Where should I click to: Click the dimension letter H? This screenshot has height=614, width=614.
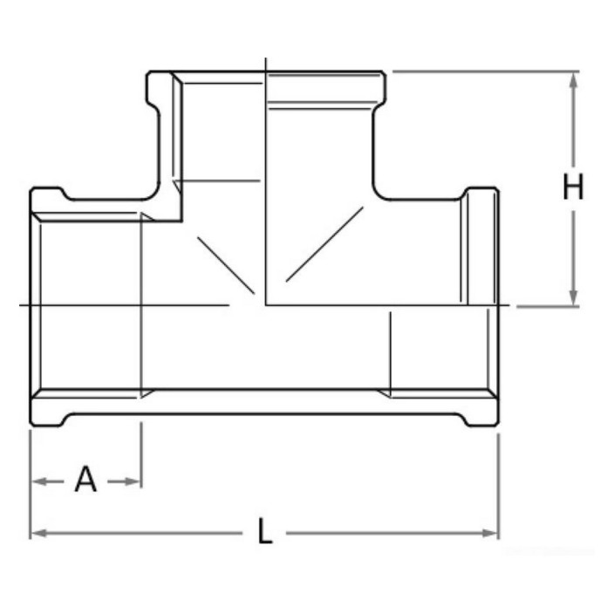[573, 187]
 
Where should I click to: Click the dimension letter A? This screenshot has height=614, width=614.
[85, 479]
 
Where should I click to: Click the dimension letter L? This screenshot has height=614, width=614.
[265, 530]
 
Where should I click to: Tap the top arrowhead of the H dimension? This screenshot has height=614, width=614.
[573, 80]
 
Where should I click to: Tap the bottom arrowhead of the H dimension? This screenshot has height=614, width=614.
[573, 297]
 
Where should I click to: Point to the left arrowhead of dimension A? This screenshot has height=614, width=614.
[39, 481]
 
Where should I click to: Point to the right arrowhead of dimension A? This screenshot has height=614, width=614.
[133, 481]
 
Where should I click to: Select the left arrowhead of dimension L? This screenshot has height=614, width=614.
[39, 533]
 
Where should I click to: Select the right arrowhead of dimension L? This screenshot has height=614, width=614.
[490, 533]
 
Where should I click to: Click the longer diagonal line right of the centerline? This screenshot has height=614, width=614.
[324, 244]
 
